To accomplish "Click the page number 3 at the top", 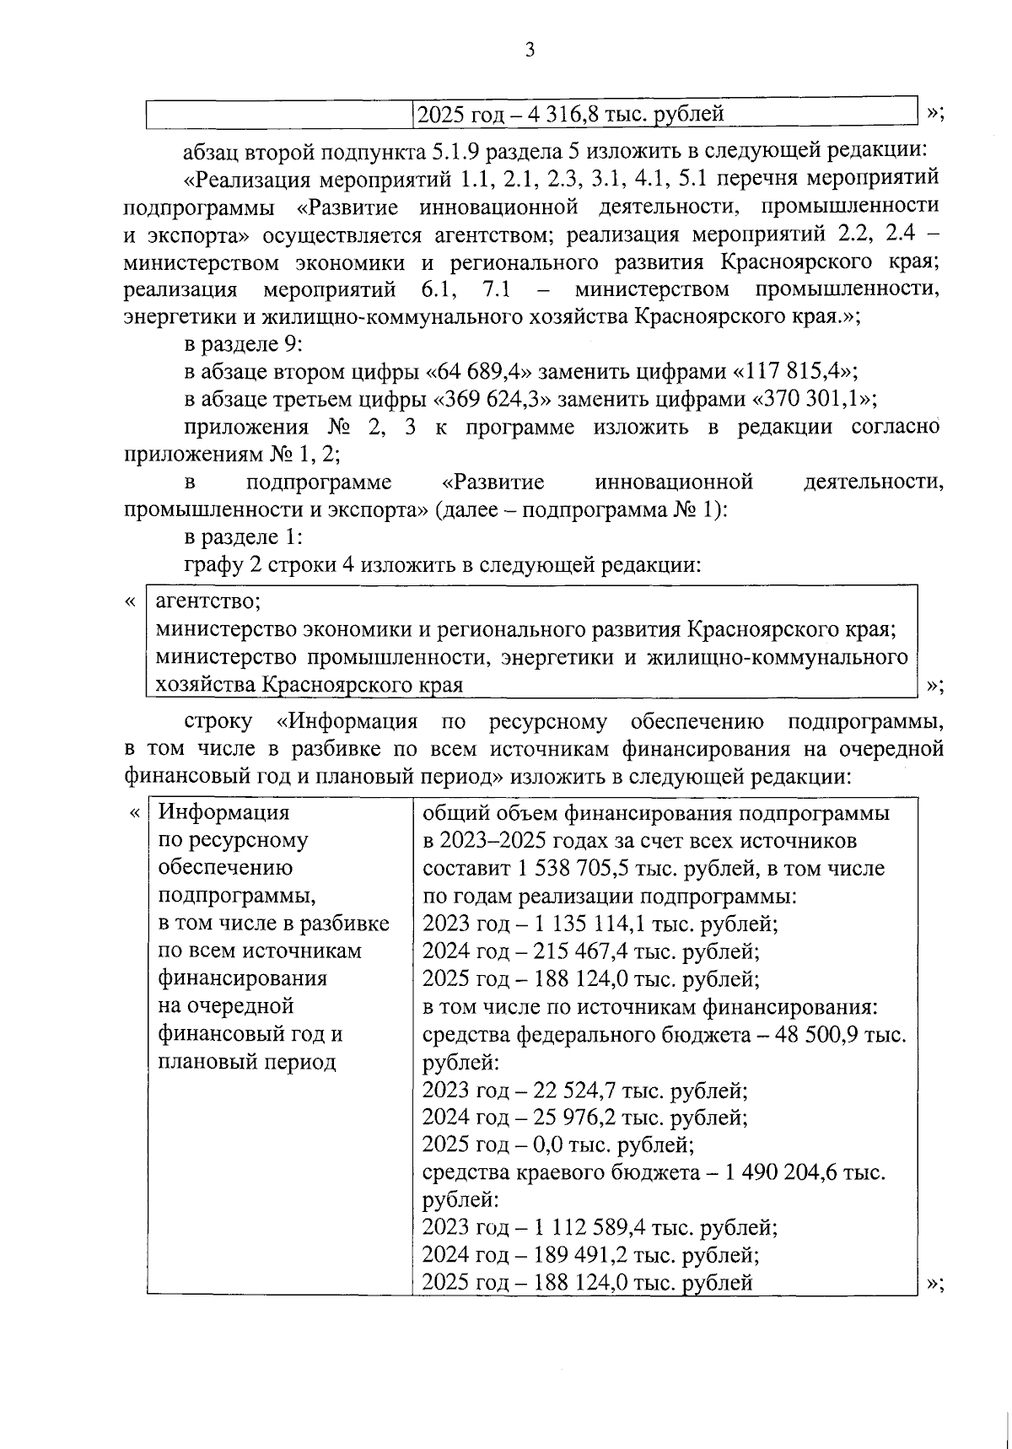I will click(x=530, y=51).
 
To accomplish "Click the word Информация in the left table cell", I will click(x=223, y=813).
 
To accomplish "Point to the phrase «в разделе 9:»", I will click(x=243, y=344).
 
